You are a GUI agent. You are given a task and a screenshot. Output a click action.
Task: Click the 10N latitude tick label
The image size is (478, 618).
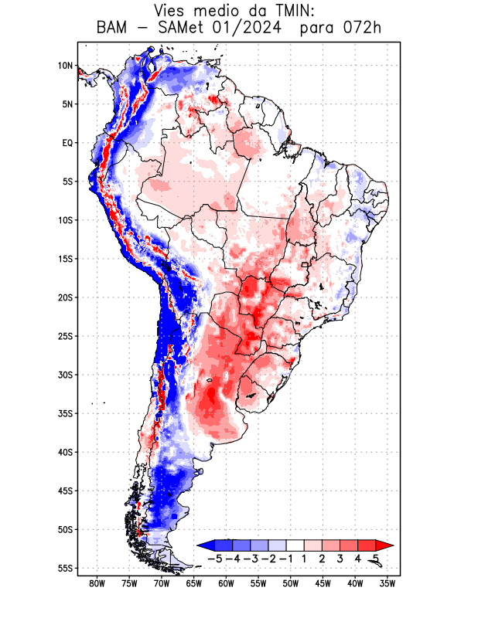(x=65, y=66)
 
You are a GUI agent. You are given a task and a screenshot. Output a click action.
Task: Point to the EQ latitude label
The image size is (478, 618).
(x=67, y=143)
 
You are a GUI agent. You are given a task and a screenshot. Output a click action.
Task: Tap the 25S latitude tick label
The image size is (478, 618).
(x=65, y=336)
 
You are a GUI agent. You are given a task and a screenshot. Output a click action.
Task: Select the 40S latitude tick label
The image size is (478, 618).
(x=65, y=452)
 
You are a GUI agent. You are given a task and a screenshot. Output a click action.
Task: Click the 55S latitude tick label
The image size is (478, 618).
(x=65, y=568)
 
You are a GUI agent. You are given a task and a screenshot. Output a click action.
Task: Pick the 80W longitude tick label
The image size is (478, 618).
(x=97, y=583)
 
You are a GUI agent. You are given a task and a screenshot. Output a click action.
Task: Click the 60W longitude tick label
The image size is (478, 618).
(x=226, y=583)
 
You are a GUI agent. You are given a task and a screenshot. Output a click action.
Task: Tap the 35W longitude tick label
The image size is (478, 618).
(x=388, y=583)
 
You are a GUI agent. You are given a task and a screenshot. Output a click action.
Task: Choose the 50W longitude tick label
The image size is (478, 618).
(x=291, y=583)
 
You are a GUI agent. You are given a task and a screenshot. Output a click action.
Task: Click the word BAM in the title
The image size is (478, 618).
(x=111, y=29)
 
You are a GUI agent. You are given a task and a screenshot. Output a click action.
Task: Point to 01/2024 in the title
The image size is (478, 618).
(x=251, y=29)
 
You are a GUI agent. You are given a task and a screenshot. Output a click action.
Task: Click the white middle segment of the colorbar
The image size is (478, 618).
(x=295, y=545)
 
